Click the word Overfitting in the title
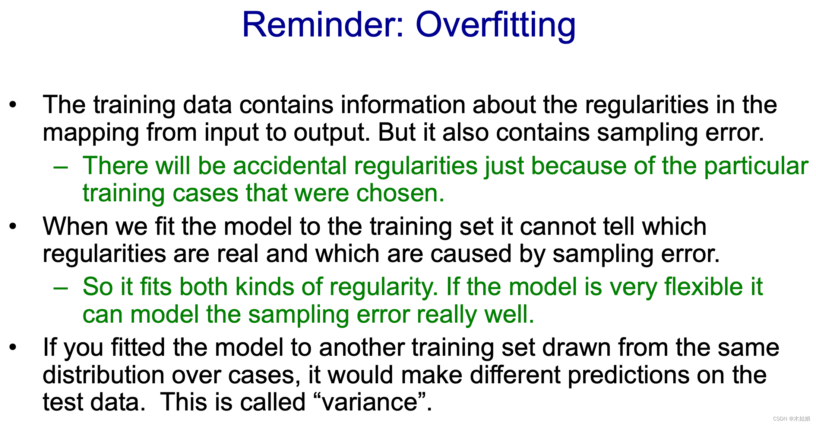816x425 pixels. pos(496,25)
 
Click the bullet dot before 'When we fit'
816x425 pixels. pos(13,226)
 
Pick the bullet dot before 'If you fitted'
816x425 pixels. pos(13,348)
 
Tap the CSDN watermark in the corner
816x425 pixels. pos(791,419)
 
